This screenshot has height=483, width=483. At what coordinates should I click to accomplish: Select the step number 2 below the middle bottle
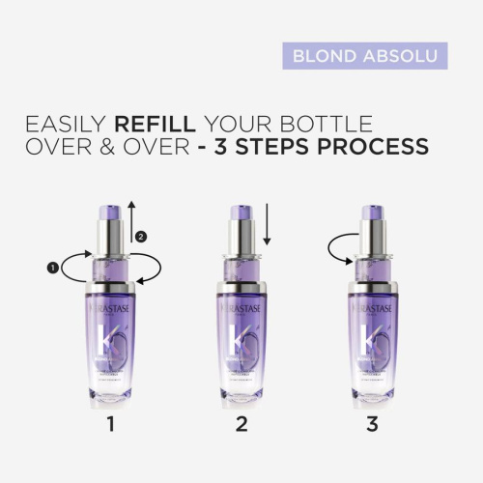[241, 423]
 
